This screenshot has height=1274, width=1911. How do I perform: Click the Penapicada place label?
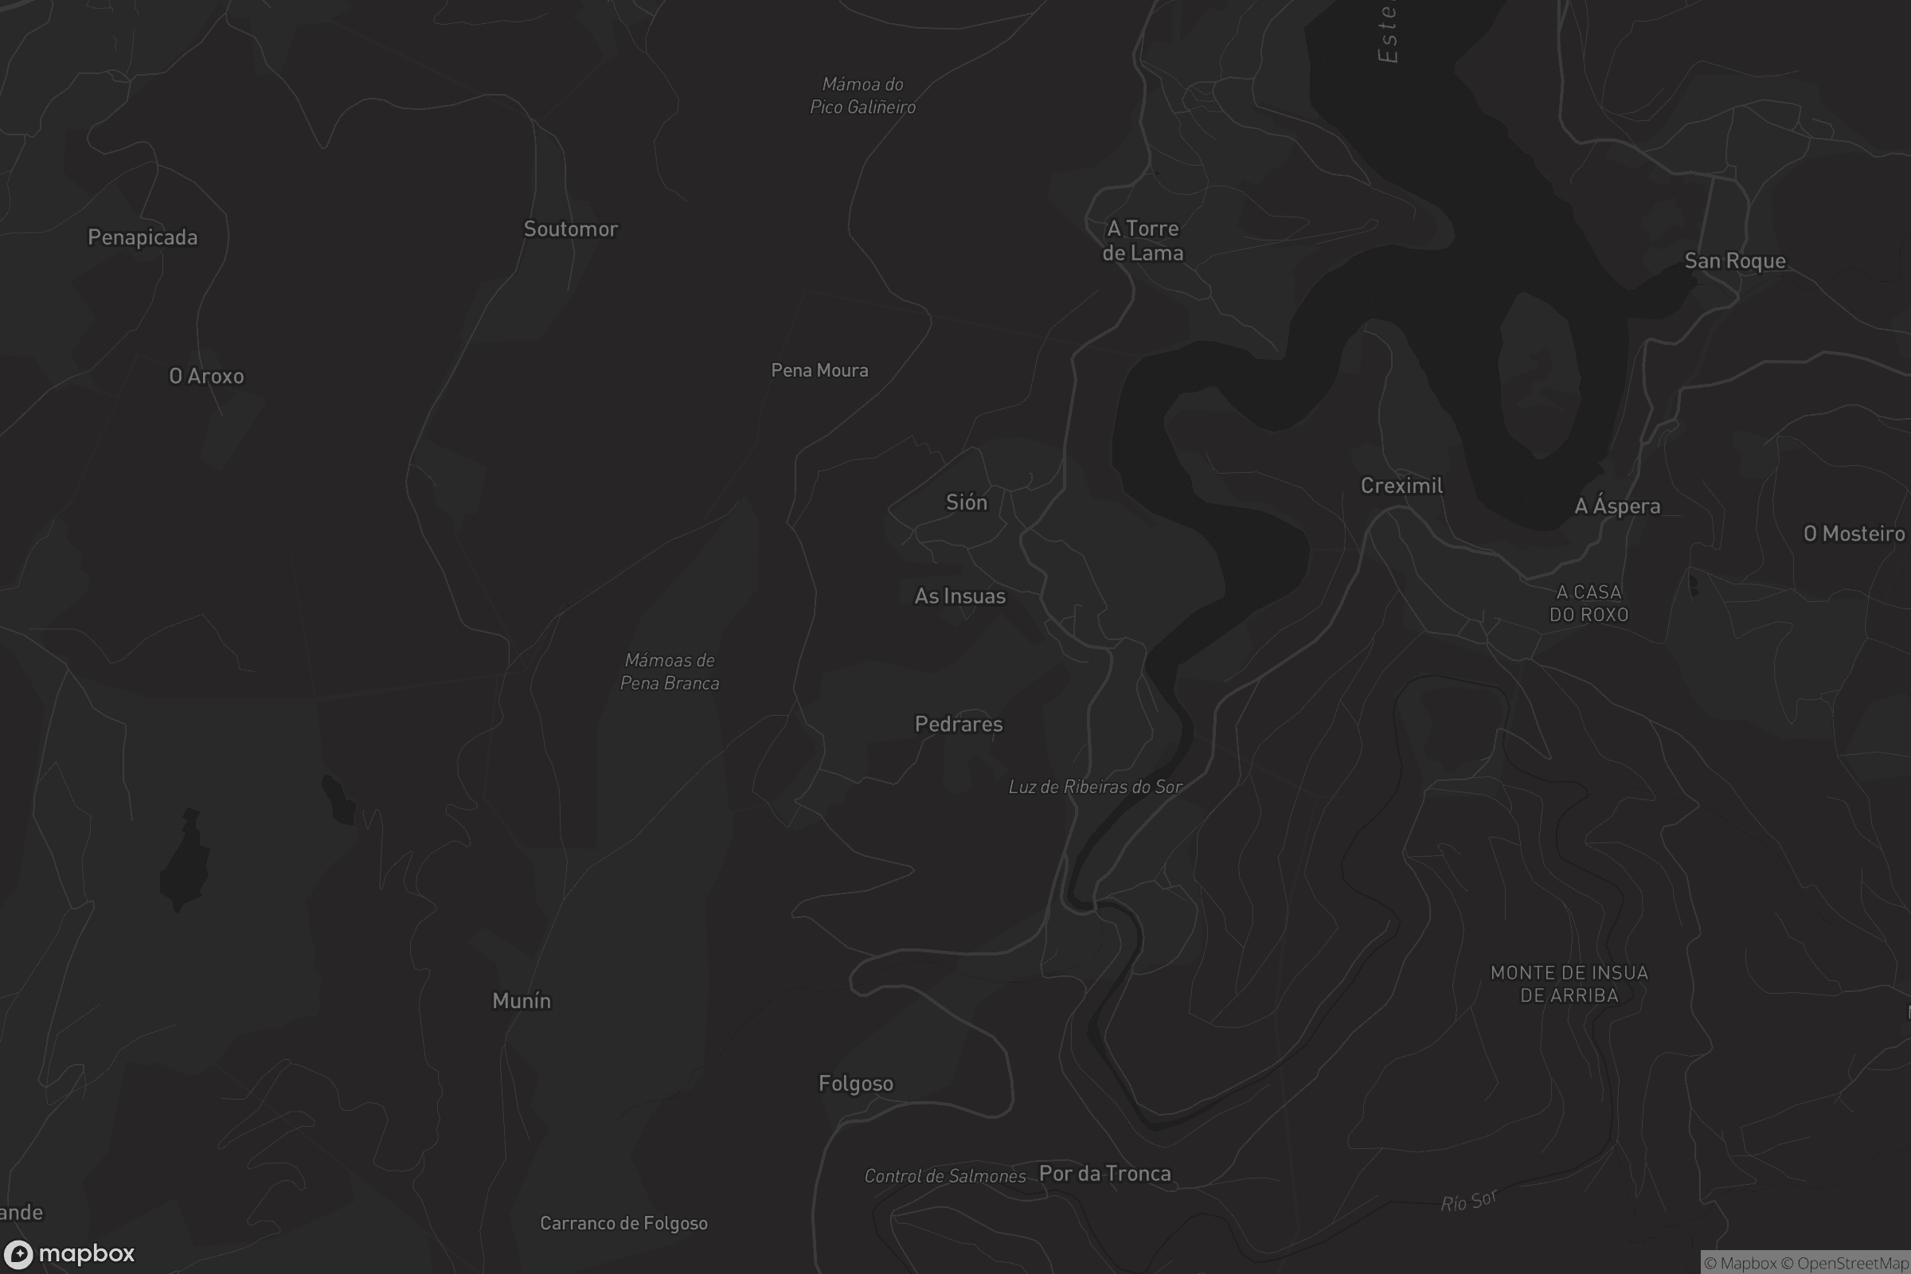[x=143, y=237]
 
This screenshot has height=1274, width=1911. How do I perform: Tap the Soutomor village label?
[x=570, y=229]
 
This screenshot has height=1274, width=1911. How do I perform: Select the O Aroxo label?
[x=206, y=376]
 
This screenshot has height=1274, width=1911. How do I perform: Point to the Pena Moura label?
[x=819, y=370]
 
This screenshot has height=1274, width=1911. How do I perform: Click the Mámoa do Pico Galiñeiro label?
[x=862, y=96]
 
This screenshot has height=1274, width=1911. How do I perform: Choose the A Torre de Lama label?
[x=1143, y=240]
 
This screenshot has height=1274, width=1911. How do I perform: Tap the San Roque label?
[x=1735, y=261]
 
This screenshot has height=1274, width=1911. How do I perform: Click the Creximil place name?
[x=1401, y=486]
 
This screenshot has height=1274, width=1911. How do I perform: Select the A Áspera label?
[x=1617, y=506]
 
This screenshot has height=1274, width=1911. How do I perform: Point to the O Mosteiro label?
[x=1854, y=533]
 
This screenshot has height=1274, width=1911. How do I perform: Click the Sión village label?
[x=966, y=502]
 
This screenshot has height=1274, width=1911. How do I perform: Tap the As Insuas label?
[x=959, y=596]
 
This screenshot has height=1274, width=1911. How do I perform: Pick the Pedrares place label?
[x=959, y=724]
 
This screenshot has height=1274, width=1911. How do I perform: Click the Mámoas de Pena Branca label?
[x=670, y=672]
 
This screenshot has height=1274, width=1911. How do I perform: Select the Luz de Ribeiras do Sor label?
[x=1094, y=787]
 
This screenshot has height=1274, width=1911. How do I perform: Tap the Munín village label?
[x=522, y=1001]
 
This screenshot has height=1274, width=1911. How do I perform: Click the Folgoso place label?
[x=855, y=1084]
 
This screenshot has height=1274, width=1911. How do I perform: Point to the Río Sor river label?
[x=1468, y=1201]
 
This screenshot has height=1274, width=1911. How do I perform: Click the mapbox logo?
[x=68, y=1253]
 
